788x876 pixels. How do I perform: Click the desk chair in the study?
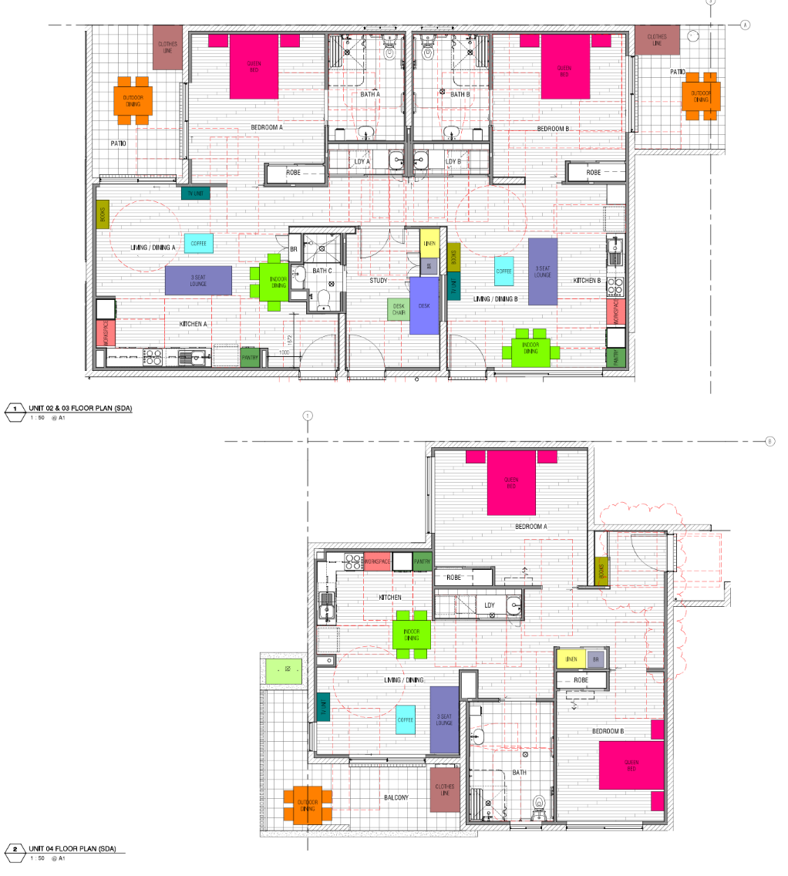click(398, 309)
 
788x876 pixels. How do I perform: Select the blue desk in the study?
click(424, 305)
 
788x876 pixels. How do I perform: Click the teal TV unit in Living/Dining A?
click(196, 194)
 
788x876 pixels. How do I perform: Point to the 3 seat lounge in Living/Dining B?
click(543, 271)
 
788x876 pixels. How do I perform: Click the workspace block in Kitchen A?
click(105, 332)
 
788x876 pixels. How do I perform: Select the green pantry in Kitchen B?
click(615, 357)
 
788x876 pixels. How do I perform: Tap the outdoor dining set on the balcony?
click(307, 806)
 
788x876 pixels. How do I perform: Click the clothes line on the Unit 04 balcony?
click(445, 790)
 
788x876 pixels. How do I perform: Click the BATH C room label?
click(322, 271)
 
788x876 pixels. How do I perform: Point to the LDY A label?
click(362, 162)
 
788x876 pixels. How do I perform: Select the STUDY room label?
click(378, 281)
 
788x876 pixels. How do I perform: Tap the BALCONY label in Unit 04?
click(396, 797)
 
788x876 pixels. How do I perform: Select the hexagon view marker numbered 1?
click(14, 409)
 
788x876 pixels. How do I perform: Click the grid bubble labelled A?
click(745, 25)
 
